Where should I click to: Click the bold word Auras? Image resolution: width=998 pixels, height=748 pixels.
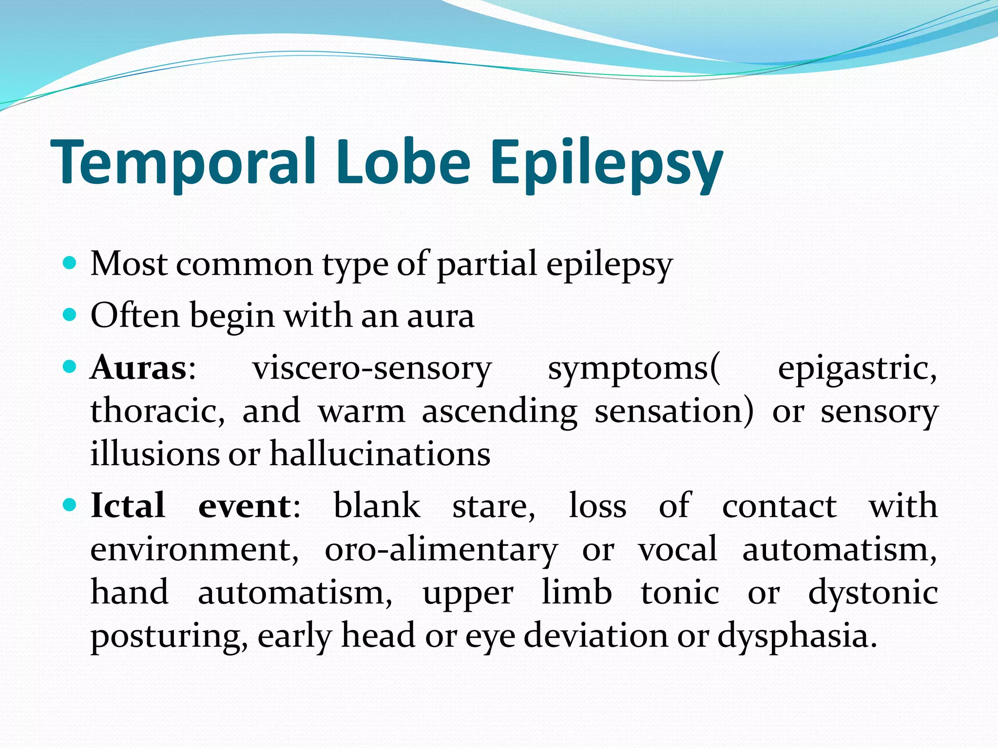pos(139,368)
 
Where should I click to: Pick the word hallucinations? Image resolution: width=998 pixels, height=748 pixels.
pos(380,454)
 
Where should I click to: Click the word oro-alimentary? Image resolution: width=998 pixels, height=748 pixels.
pos(441,550)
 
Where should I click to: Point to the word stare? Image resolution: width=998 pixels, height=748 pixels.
pos(493,506)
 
